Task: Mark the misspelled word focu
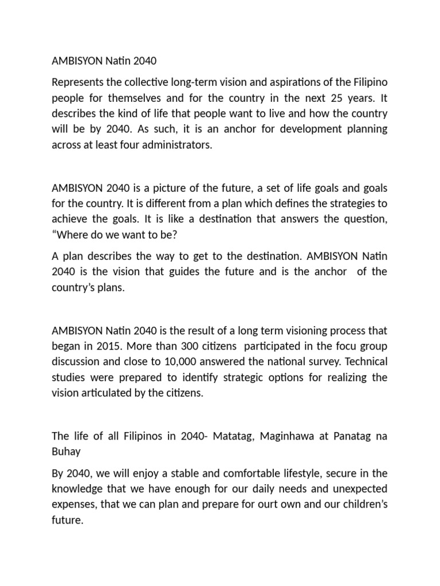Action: click(x=340, y=347)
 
